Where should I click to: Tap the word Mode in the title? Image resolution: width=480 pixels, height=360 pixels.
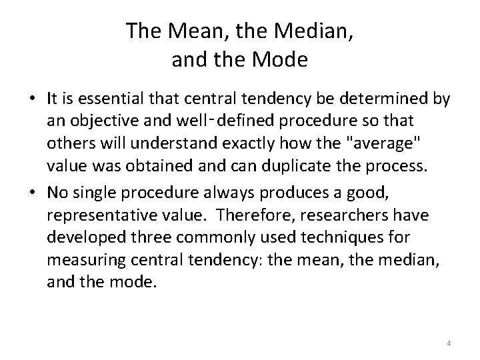pyautogui.click(x=281, y=61)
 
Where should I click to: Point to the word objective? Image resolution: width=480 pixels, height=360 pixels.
pyautogui.click(x=99, y=122)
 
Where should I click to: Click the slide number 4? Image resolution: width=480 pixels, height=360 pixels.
pyautogui.click(x=449, y=343)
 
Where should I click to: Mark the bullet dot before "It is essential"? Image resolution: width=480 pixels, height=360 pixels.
pyautogui.click(x=33, y=100)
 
